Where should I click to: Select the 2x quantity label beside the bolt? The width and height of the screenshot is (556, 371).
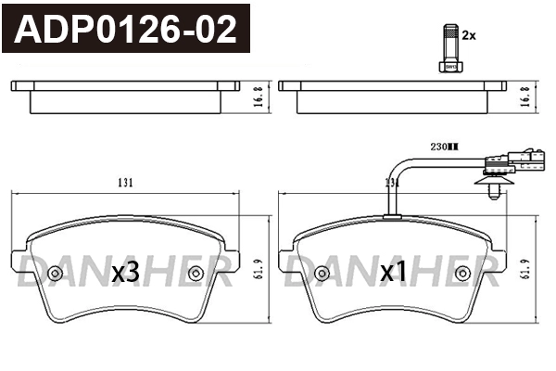469,35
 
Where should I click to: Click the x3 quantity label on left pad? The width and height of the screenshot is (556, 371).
125,273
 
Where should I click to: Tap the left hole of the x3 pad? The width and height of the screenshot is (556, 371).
56,274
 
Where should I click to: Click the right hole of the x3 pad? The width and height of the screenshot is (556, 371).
196,274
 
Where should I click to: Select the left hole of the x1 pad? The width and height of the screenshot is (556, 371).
322,274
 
